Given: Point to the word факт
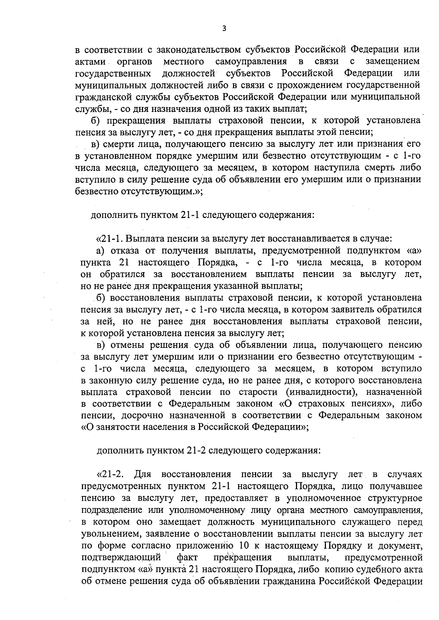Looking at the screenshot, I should point(187,557).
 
